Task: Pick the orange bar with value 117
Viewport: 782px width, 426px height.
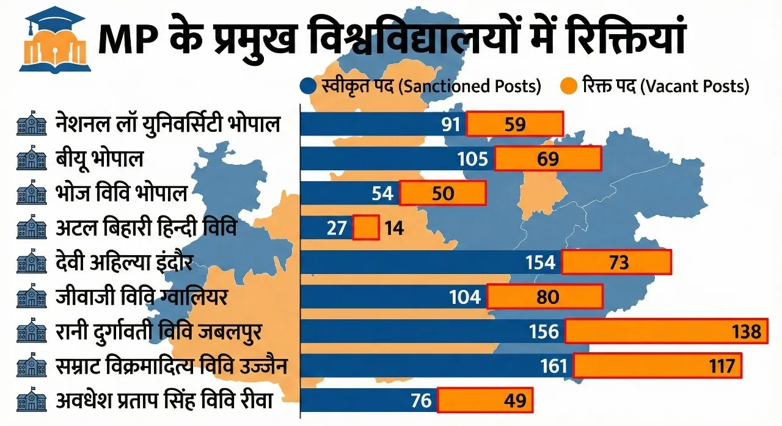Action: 657,366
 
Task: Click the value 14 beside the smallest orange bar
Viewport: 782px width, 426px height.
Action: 394,228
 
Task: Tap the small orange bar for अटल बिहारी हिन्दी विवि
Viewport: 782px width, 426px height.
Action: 366,228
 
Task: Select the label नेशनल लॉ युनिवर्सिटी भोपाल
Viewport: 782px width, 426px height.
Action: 167,125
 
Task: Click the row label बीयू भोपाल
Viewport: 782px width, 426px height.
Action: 99,159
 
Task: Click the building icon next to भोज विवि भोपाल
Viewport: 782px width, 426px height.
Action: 32,194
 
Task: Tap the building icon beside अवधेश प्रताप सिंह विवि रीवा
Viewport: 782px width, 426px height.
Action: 32,401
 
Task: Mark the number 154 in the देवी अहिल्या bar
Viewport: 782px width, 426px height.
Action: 541,262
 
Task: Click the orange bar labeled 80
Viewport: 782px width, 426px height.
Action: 544,297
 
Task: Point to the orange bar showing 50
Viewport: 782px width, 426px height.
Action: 443,193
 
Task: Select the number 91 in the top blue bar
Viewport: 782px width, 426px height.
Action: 450,125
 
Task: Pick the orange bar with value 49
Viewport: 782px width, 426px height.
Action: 484,401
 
